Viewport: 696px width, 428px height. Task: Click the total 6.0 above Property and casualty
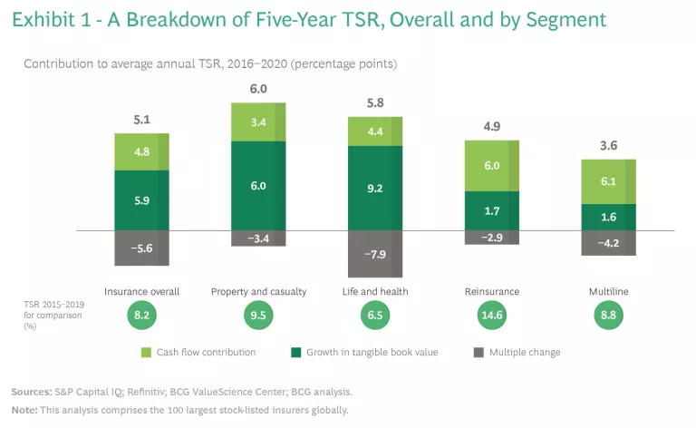(x=258, y=89)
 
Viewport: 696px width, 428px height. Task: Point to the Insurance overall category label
(x=143, y=291)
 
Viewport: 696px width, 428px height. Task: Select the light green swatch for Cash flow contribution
(x=145, y=352)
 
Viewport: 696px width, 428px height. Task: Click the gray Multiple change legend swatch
(x=477, y=352)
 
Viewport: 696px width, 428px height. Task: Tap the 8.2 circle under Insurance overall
(x=143, y=316)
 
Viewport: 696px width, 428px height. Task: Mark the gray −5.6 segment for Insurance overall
(x=143, y=248)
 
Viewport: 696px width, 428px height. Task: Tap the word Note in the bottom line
(x=24, y=410)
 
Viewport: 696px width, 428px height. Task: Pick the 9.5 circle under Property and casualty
(x=258, y=316)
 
